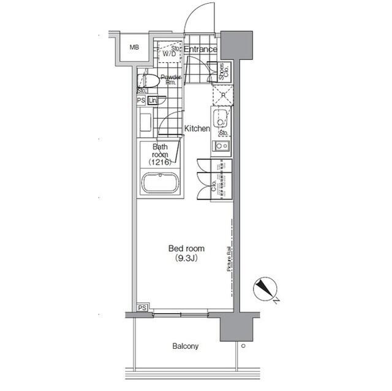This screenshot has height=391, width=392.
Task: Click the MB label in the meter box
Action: [x=133, y=47]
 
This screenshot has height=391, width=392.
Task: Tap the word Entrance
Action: [x=200, y=50]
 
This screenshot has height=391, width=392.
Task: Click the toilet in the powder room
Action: [x=151, y=80]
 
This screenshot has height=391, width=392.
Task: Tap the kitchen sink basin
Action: [x=221, y=118]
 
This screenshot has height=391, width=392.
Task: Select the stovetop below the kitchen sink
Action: [x=221, y=146]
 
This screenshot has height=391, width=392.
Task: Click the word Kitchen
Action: [x=197, y=129]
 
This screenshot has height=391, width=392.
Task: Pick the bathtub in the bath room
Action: [x=160, y=184]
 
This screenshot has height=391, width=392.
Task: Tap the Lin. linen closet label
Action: [x=153, y=100]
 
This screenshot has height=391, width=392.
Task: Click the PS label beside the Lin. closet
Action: [x=141, y=100]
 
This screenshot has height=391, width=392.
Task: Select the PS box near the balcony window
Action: [x=142, y=307]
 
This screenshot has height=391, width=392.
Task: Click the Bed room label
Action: [x=187, y=248]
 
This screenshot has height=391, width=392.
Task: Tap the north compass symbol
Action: [x=266, y=289]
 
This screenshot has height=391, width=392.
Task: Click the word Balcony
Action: [x=185, y=346]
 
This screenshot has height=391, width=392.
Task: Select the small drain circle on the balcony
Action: [x=243, y=346]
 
